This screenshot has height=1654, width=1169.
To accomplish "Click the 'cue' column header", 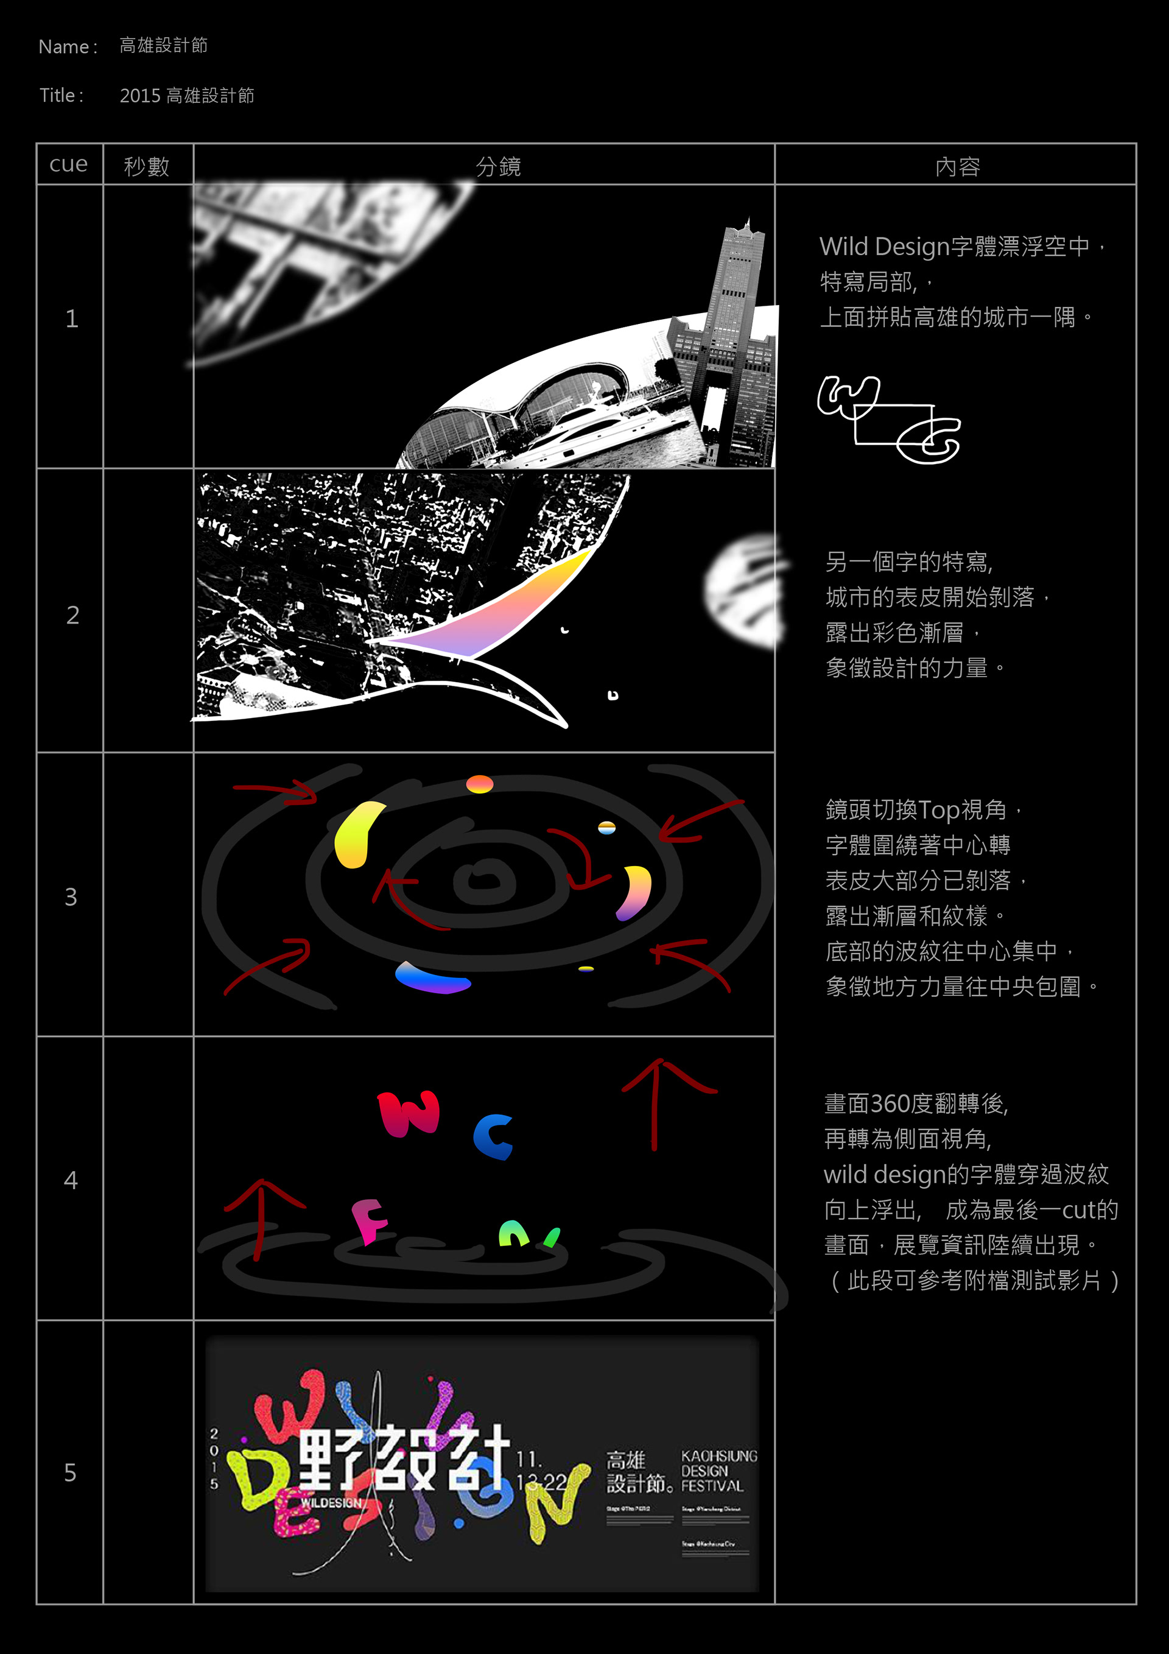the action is (68, 165).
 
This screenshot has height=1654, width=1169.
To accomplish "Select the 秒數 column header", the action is (147, 166).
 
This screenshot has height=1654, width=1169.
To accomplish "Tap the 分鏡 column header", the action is (497, 166).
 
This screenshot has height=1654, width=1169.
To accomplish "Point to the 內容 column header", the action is (957, 166).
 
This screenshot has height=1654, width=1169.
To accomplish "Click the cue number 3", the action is (71, 897).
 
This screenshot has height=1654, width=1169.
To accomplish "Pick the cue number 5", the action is (70, 1473).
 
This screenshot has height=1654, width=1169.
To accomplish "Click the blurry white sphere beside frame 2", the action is (742, 591).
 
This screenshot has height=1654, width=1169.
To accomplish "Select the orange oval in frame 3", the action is (480, 784).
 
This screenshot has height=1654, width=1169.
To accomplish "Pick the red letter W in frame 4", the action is (409, 1114).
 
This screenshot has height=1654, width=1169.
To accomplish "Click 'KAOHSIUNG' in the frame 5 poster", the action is (719, 1456).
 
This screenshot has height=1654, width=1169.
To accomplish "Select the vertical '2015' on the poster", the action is (214, 1459).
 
